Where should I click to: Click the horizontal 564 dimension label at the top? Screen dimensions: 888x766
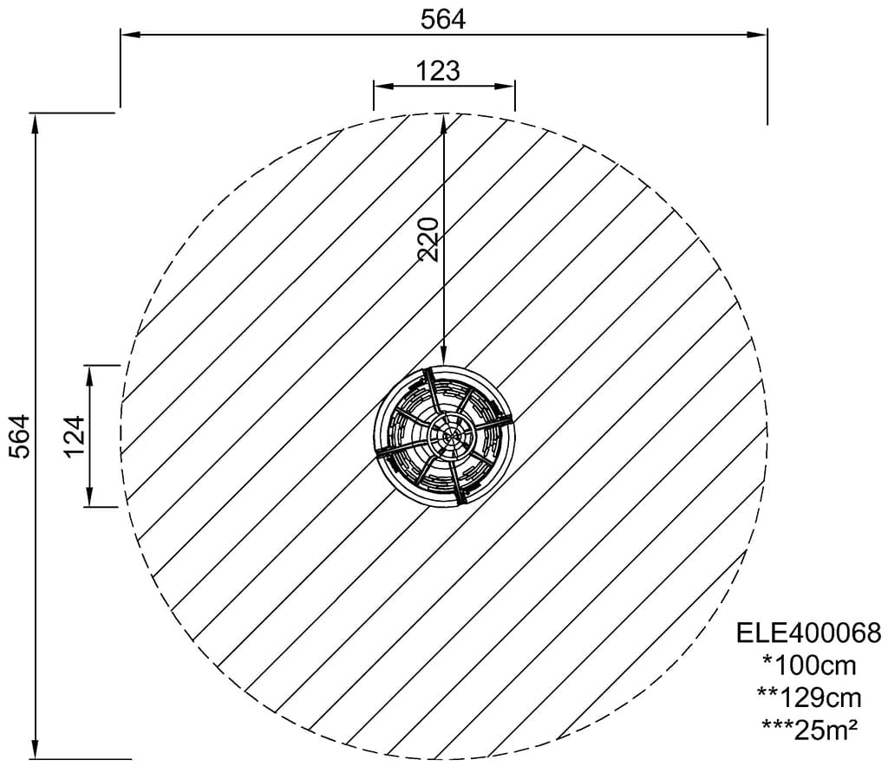pos(443,20)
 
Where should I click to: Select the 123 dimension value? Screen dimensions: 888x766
pos(438,71)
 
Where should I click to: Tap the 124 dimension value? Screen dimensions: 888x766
pos(74,436)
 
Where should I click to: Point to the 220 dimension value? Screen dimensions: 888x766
pos(428,239)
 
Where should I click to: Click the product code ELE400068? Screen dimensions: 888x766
pos(809,633)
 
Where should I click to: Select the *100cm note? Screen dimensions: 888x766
pos(809,665)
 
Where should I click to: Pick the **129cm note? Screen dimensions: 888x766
pos(809,698)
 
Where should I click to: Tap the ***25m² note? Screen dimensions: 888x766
pos(809,730)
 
